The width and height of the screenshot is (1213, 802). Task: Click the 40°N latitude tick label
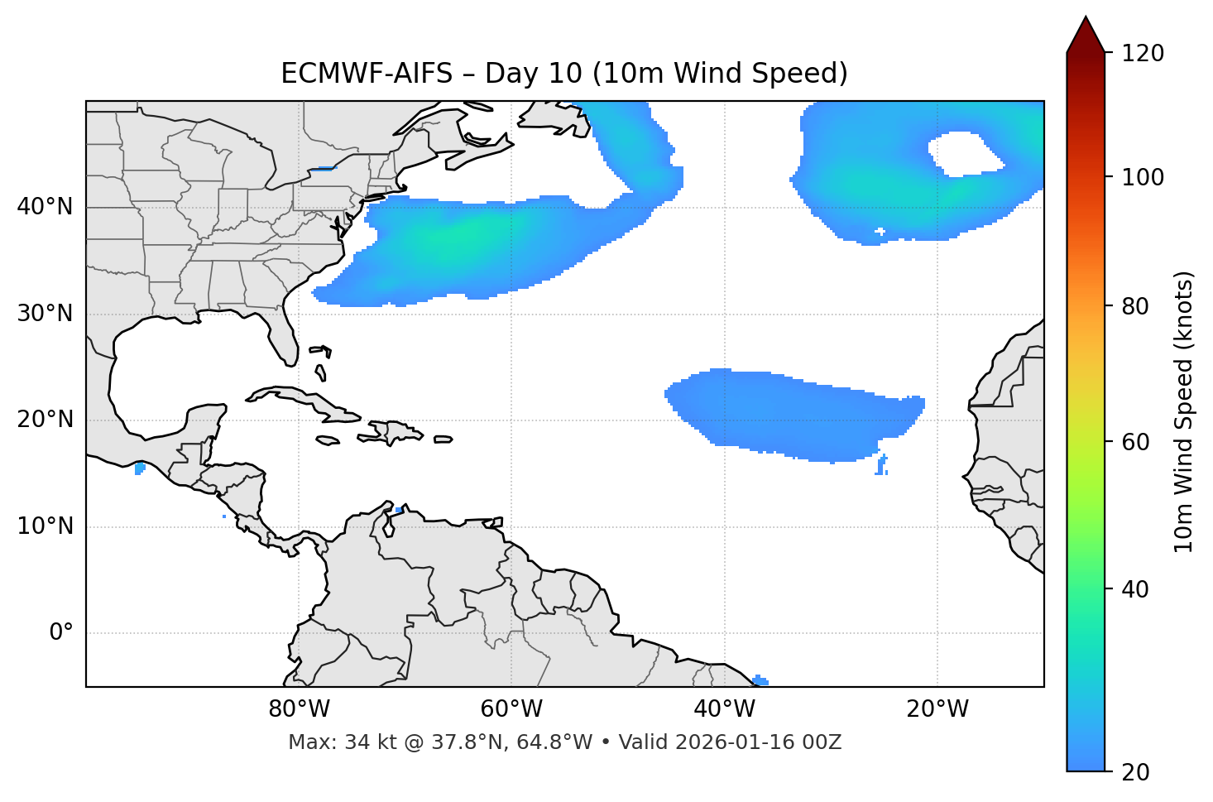pos(45,207)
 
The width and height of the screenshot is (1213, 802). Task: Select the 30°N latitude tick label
pos(45,314)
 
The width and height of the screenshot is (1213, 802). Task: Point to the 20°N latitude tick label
pos(45,420)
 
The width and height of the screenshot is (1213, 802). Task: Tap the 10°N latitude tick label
pos(45,526)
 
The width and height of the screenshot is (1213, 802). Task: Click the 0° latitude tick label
pos(61,633)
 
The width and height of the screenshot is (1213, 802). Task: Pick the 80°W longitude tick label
pos(299,709)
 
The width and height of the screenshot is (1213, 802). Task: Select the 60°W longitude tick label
pos(511,709)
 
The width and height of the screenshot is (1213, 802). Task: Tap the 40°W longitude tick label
pos(724,709)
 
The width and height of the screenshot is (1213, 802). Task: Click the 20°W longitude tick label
pos(937,709)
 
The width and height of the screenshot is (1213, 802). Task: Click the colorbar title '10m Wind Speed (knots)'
pos(1184,412)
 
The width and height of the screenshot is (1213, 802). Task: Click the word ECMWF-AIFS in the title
pos(367,74)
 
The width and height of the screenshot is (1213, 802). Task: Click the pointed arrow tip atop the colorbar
pos(1086,20)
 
